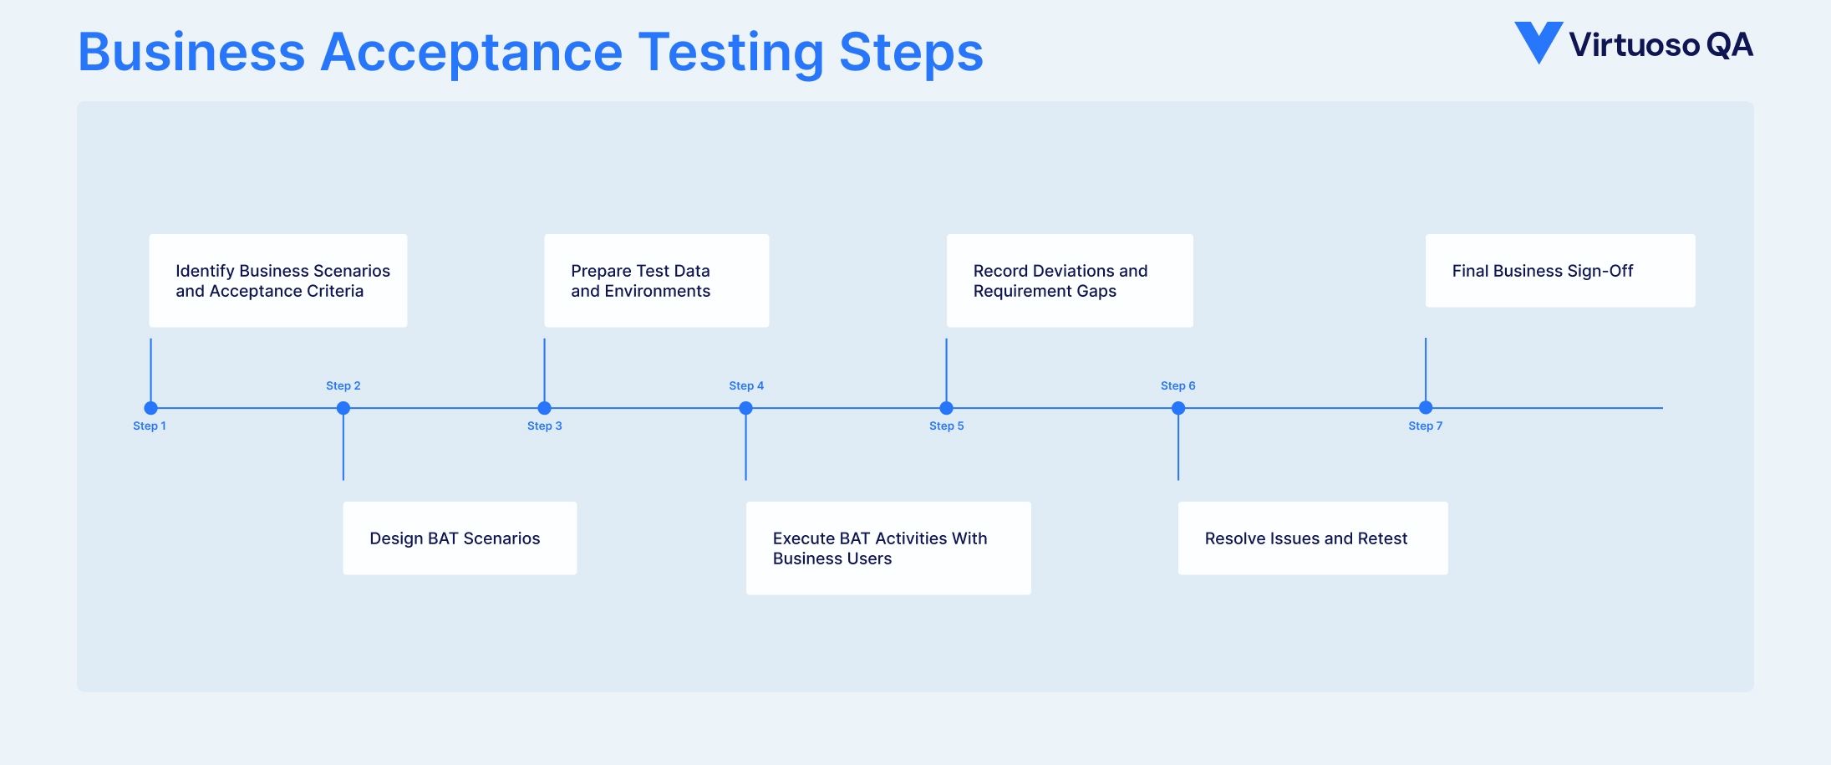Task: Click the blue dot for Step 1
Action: click(x=150, y=408)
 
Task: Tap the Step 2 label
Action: click(x=343, y=385)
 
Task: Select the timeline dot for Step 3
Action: click(x=544, y=408)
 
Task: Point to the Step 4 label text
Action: click(x=745, y=385)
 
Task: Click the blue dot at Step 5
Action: click(x=946, y=408)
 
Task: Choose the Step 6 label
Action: click(x=1177, y=385)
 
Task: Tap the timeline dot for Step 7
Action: click(x=1425, y=408)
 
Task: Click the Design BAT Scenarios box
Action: click(x=460, y=538)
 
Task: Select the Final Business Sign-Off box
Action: click(x=1559, y=271)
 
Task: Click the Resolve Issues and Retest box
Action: click(x=1312, y=538)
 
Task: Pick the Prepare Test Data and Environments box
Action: click(x=656, y=281)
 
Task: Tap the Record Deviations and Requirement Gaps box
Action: click(x=1069, y=281)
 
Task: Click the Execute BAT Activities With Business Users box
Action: click(x=888, y=548)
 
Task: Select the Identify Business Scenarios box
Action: click(x=277, y=281)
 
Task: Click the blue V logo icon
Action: click(x=1538, y=42)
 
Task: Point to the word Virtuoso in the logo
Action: click(x=1634, y=45)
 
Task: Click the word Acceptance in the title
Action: click(x=471, y=52)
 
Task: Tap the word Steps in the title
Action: click(x=911, y=52)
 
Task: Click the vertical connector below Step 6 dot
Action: click(x=1178, y=447)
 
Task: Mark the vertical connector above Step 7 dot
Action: click(x=1425, y=370)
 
